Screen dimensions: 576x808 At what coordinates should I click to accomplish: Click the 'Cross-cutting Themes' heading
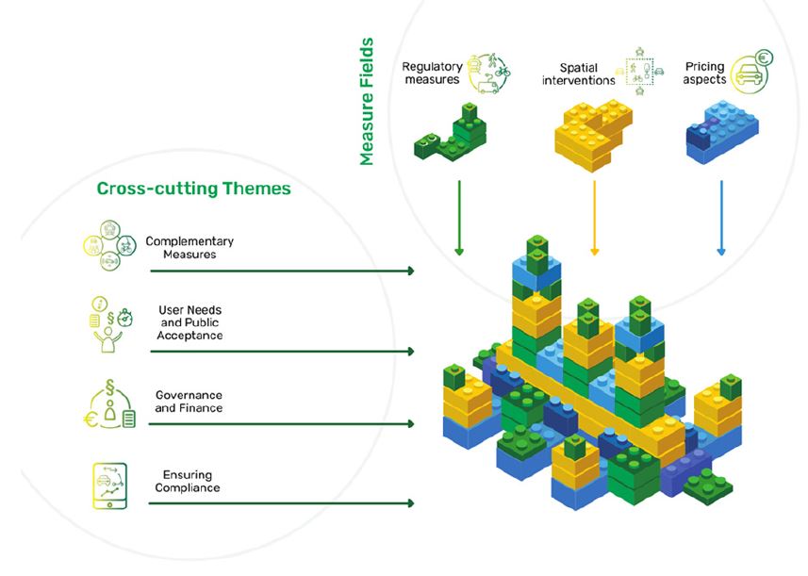coord(193,189)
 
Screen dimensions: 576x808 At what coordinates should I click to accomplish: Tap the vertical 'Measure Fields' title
coord(367,102)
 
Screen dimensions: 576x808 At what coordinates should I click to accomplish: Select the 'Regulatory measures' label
coord(431,74)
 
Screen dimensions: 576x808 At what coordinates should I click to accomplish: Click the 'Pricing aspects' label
coord(705,74)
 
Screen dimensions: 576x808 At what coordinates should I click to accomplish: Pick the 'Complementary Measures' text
coord(189,248)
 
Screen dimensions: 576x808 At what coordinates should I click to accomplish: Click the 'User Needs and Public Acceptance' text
coord(190,322)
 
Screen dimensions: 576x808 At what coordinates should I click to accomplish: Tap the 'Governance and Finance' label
coord(190,403)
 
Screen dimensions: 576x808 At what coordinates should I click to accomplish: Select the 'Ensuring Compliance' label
coord(187,481)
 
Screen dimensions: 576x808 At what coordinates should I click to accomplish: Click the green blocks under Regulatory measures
coord(452,131)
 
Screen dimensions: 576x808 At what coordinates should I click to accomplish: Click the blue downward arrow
coord(721,217)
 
